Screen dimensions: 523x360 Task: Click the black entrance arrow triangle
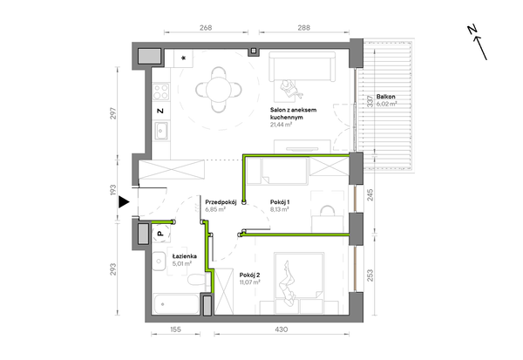(124, 202)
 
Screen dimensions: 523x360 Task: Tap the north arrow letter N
(472, 30)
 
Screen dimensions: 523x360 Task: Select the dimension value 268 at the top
(206, 28)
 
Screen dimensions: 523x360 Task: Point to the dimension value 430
(282, 329)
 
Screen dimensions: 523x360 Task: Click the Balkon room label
(386, 97)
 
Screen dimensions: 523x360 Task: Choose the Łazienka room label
(185, 256)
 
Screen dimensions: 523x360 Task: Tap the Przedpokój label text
(221, 202)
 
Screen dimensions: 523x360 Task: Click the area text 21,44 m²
(282, 125)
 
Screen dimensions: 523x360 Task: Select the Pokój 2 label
(250, 275)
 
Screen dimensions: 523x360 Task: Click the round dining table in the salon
(219, 89)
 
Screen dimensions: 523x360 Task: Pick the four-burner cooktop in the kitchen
(160, 92)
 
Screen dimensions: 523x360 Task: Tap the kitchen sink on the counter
(161, 131)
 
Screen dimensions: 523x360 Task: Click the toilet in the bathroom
(196, 280)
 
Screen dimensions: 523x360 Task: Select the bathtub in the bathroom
(175, 304)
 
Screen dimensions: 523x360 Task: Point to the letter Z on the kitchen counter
(160, 111)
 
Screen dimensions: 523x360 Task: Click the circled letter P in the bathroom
(160, 234)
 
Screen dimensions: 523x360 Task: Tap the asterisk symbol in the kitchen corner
(183, 58)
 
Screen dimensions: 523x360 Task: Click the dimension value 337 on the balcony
(370, 101)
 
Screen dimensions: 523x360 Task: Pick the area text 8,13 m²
(280, 209)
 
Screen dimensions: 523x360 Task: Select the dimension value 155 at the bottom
(175, 329)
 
